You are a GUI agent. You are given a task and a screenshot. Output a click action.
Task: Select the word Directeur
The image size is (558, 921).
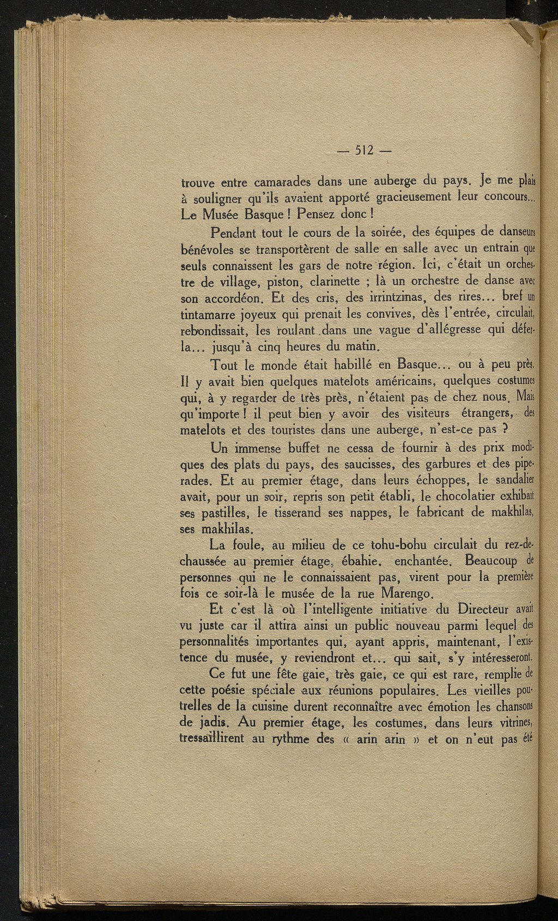coord(483,609)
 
